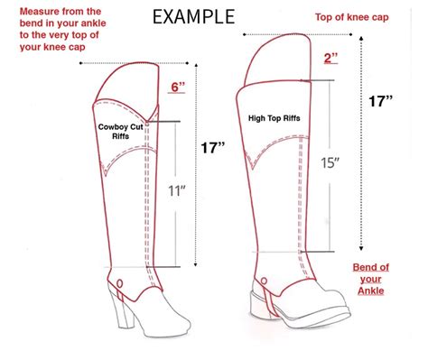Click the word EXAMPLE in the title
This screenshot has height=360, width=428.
point(193,16)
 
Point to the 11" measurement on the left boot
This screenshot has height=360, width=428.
point(176,190)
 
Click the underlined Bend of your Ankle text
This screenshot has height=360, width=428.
point(370,280)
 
